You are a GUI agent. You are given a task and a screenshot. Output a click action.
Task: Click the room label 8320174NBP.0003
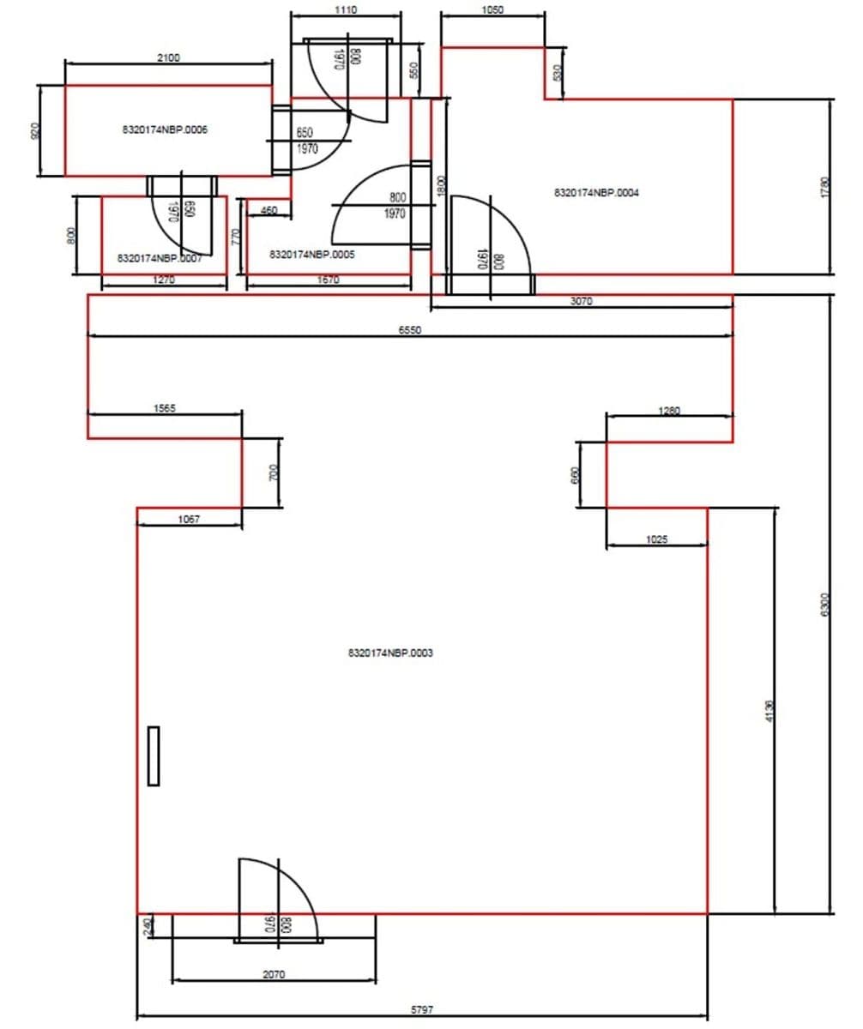[390, 653]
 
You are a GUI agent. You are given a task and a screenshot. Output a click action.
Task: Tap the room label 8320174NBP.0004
[596, 193]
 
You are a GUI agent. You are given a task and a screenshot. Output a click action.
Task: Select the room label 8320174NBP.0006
[166, 130]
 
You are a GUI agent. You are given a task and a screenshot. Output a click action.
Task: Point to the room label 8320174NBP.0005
[312, 255]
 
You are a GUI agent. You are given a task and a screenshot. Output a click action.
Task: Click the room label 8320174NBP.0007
[160, 257]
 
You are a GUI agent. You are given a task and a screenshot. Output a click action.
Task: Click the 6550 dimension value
[409, 329]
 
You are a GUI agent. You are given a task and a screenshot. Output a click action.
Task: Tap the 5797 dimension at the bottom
[421, 1010]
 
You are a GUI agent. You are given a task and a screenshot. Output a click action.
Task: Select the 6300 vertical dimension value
[824, 604]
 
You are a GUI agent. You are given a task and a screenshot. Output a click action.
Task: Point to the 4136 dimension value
[769, 711]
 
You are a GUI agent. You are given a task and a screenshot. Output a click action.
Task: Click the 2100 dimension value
[169, 57]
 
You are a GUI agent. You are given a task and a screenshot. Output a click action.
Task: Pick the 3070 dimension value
[581, 301]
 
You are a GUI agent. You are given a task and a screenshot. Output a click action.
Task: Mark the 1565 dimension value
[164, 409]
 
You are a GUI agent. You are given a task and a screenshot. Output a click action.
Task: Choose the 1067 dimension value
[189, 519]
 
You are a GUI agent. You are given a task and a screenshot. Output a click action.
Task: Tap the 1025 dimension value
[656, 539]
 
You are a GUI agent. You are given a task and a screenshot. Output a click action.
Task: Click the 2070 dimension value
[274, 974]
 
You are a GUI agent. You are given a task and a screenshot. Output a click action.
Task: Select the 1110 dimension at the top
[346, 9]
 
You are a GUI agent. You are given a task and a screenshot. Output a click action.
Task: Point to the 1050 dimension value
[492, 10]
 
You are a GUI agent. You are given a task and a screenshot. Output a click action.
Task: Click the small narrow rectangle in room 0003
[154, 755]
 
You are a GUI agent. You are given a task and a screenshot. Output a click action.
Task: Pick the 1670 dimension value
[328, 280]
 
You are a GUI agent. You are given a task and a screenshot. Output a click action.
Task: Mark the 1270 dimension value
[164, 280]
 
